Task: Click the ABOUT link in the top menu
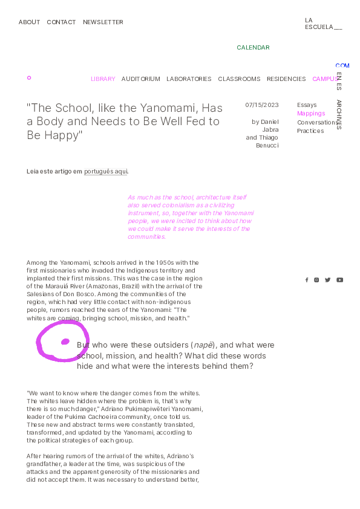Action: (x=29, y=22)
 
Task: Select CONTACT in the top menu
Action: (x=61, y=22)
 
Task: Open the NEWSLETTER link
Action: (x=103, y=22)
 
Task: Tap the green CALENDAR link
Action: (x=253, y=48)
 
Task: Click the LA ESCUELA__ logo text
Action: (x=323, y=24)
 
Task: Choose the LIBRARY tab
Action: (x=103, y=79)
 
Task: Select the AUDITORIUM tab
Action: (x=140, y=79)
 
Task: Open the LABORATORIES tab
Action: (x=189, y=79)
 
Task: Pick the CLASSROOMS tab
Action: (x=239, y=79)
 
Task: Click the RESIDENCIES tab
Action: (x=286, y=79)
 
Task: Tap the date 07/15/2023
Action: (x=262, y=105)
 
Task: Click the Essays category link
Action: (x=307, y=105)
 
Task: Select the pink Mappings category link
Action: (x=311, y=114)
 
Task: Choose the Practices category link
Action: (x=310, y=131)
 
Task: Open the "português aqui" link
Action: (x=106, y=172)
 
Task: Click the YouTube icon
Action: (x=340, y=280)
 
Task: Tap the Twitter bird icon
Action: (x=328, y=280)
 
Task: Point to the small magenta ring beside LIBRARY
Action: (x=29, y=78)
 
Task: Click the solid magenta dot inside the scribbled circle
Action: (x=65, y=342)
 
